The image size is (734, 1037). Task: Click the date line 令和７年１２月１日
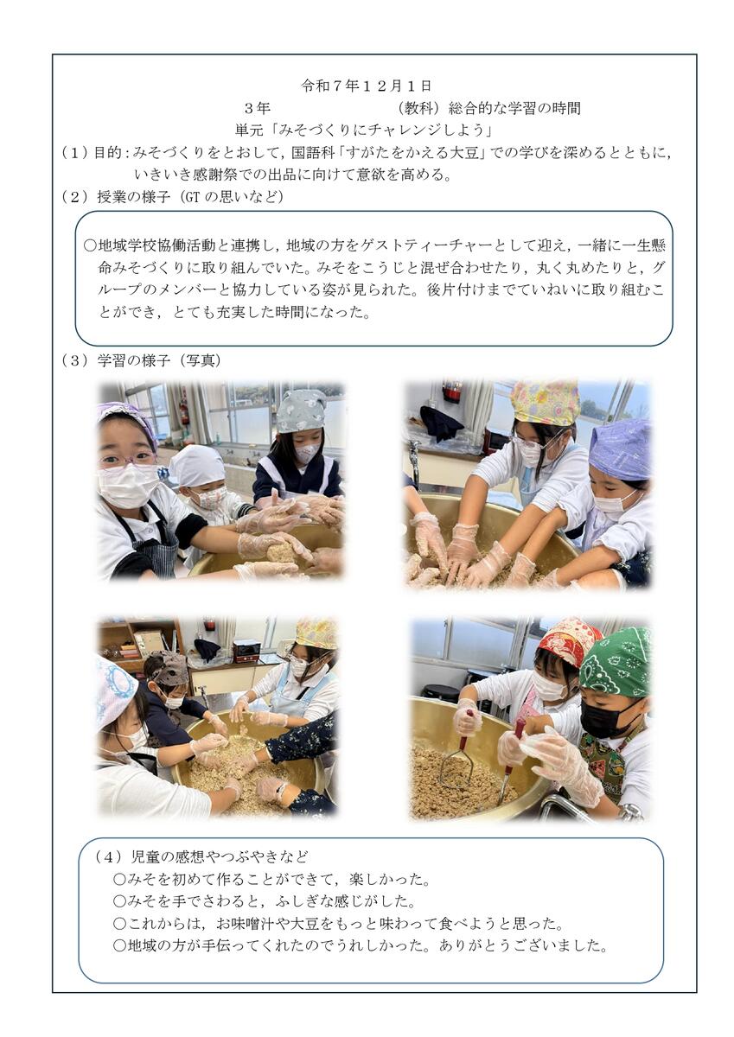(367, 86)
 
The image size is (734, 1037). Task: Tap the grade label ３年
(258, 108)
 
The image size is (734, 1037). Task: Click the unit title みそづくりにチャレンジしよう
(363, 130)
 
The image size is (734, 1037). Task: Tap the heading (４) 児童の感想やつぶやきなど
(201, 857)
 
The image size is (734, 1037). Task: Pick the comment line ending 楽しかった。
(271, 879)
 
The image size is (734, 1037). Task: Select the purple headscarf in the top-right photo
(619, 443)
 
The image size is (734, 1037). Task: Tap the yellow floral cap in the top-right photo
(545, 401)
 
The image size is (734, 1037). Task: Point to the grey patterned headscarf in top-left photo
(301, 411)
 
